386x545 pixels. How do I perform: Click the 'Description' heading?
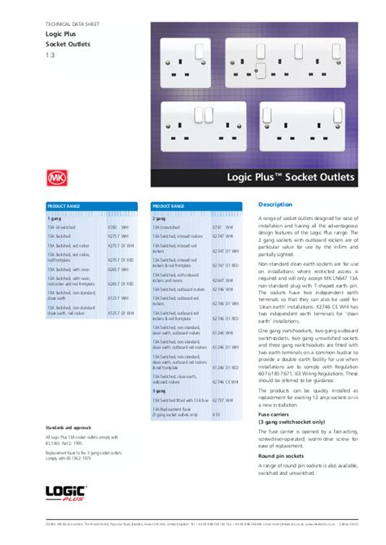point(274,204)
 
